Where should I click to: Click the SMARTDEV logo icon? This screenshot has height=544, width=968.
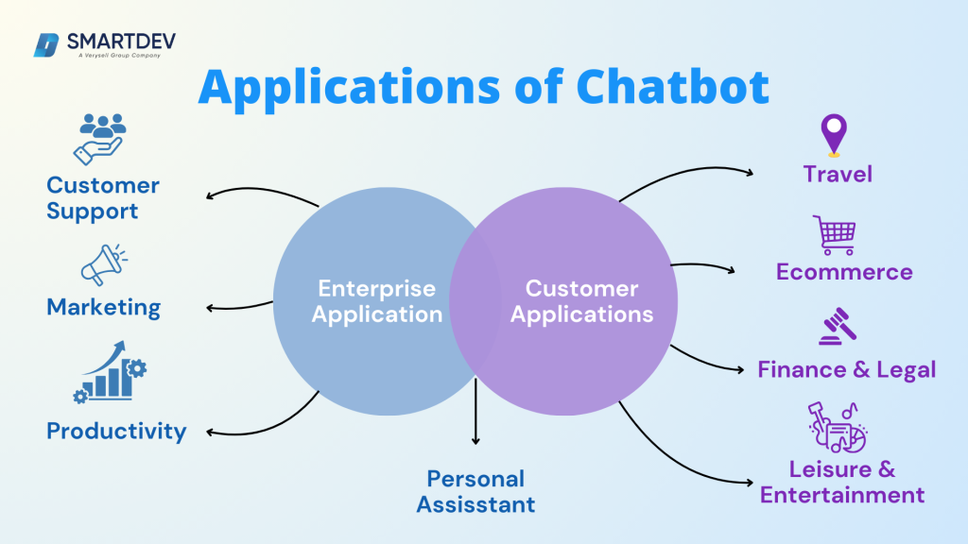pyautogui.click(x=46, y=44)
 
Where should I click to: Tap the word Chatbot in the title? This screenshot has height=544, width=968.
pyautogui.click(x=672, y=87)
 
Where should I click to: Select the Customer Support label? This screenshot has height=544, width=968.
pyautogui.click(x=103, y=198)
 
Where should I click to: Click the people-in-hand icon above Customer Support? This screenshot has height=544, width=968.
pyautogui.click(x=99, y=138)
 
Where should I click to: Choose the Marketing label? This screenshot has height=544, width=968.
pyautogui.click(x=104, y=307)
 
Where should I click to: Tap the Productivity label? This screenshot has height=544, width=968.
pyautogui.click(x=116, y=432)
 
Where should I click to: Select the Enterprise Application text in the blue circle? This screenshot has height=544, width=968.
pyautogui.click(x=377, y=301)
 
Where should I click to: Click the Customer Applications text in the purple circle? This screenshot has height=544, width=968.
pyautogui.click(x=581, y=301)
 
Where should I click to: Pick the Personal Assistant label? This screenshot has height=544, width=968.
pyautogui.click(x=475, y=491)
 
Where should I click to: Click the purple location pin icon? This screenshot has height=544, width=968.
pyautogui.click(x=834, y=135)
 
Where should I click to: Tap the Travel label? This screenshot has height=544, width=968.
pyautogui.click(x=838, y=174)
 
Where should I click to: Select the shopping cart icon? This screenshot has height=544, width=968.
pyautogui.click(x=834, y=235)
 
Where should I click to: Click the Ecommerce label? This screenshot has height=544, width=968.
pyautogui.click(x=844, y=272)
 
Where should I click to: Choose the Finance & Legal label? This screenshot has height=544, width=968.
pyautogui.click(x=846, y=369)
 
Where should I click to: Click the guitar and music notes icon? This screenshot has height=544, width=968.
pyautogui.click(x=838, y=427)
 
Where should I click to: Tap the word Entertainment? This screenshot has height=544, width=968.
pyautogui.click(x=842, y=495)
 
